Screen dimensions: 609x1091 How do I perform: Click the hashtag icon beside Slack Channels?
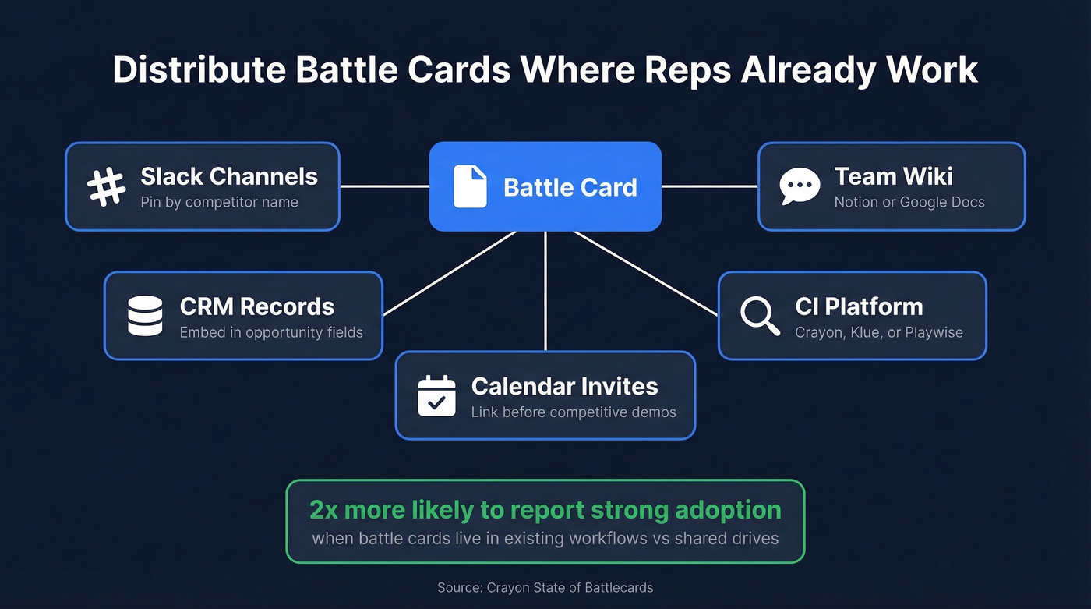[106, 187]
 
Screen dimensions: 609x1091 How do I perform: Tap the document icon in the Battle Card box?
[470, 187]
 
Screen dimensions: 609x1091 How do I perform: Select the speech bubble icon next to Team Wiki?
[800, 187]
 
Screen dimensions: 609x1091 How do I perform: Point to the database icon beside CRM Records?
[145, 316]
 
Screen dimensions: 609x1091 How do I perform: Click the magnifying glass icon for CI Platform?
[759, 316]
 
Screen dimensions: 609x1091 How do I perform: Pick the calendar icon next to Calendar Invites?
[436, 395]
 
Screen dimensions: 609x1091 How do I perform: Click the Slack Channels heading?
[228, 176]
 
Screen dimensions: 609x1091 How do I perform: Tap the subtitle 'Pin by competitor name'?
[219, 203]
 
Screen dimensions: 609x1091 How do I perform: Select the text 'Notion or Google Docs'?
[909, 203]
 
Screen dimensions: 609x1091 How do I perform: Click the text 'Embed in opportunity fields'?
[271, 332]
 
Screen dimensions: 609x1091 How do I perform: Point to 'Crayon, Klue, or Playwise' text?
[878, 332]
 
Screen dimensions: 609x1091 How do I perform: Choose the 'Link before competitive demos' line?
[573, 412]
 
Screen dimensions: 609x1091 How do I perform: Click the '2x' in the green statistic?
[323, 510]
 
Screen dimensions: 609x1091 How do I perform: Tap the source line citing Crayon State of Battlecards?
[545, 588]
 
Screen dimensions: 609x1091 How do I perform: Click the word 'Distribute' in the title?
[198, 70]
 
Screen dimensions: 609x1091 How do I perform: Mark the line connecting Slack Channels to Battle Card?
[384, 186]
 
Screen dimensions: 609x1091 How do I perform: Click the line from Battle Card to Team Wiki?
[709, 186]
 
